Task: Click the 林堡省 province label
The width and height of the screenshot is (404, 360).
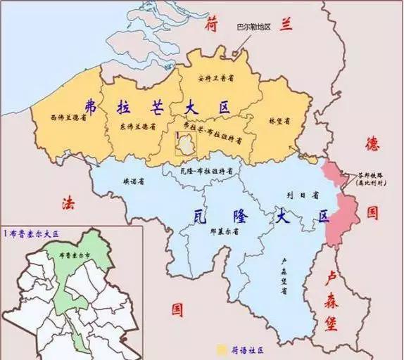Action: (x=279, y=121)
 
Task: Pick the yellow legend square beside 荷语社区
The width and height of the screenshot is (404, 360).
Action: (x=221, y=349)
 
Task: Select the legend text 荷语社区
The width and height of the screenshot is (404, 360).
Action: (x=244, y=349)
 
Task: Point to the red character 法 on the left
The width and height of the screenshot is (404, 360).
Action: (x=68, y=205)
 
